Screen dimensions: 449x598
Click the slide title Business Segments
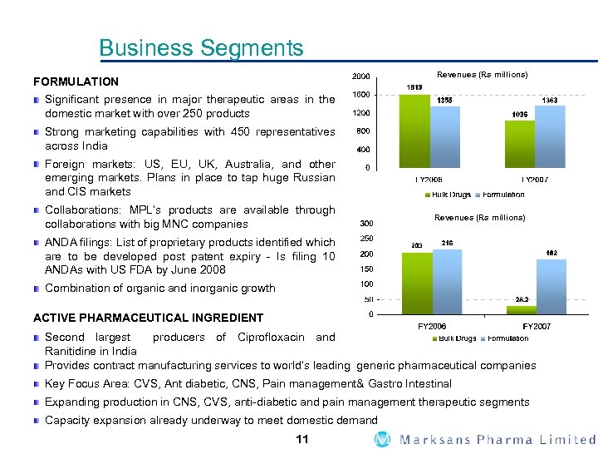pyautogui.click(x=201, y=48)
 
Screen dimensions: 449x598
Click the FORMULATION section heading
pyautogui.click(x=76, y=81)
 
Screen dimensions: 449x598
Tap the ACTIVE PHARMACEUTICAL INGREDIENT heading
pyautogui.click(x=148, y=318)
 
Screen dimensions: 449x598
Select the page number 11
pyautogui.click(x=302, y=439)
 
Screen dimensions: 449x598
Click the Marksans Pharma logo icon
pyautogui.click(x=382, y=439)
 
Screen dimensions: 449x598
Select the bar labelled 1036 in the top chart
pyautogui.click(x=520, y=143)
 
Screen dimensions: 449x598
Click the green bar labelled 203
pyautogui.click(x=416, y=283)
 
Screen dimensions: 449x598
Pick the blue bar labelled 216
pyautogui.click(x=446, y=281)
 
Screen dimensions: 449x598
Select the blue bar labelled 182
pyautogui.click(x=551, y=286)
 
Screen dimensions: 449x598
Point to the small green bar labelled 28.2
pyautogui.click(x=522, y=309)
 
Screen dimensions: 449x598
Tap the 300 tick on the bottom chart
pyautogui.click(x=365, y=223)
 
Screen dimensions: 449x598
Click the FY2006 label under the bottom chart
pyautogui.click(x=432, y=326)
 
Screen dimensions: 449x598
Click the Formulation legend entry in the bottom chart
pyautogui.click(x=506, y=338)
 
